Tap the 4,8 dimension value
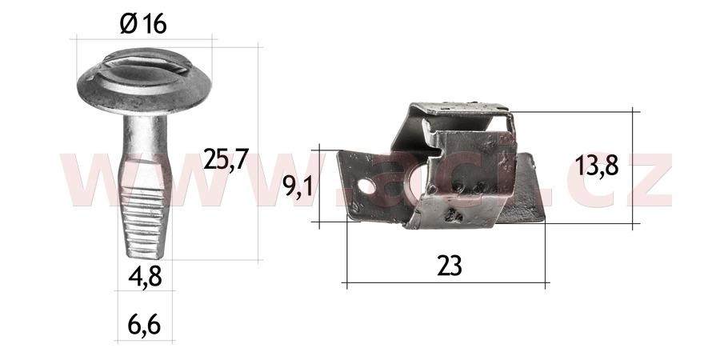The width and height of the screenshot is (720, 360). [x=145, y=277]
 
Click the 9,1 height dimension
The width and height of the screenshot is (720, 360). [x=298, y=187]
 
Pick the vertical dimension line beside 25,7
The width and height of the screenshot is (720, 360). [x=259, y=152]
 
